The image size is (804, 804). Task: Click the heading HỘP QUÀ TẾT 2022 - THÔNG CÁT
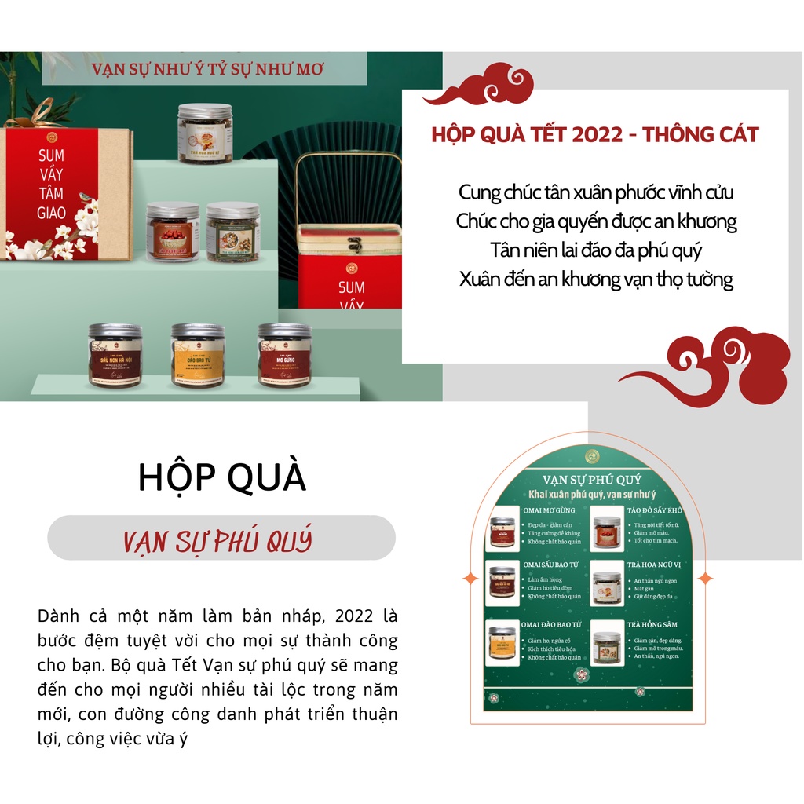click(595, 134)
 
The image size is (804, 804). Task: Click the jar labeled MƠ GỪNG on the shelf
click(284, 355)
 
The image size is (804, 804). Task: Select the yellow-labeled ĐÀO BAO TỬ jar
click(197, 355)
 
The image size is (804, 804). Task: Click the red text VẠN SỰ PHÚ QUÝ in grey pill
click(218, 539)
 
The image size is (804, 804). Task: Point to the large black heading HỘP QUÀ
click(222, 477)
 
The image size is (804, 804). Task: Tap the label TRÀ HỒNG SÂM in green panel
click(652, 624)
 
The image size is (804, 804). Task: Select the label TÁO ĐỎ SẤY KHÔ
click(655, 510)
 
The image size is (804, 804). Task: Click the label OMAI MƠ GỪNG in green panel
click(549, 510)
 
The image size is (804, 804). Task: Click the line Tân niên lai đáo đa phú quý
click(595, 250)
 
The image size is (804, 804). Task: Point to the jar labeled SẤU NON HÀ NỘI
click(115, 355)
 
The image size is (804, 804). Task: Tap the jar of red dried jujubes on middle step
click(173, 232)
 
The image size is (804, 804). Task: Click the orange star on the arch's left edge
click(470, 579)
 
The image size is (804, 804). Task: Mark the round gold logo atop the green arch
click(593, 456)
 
